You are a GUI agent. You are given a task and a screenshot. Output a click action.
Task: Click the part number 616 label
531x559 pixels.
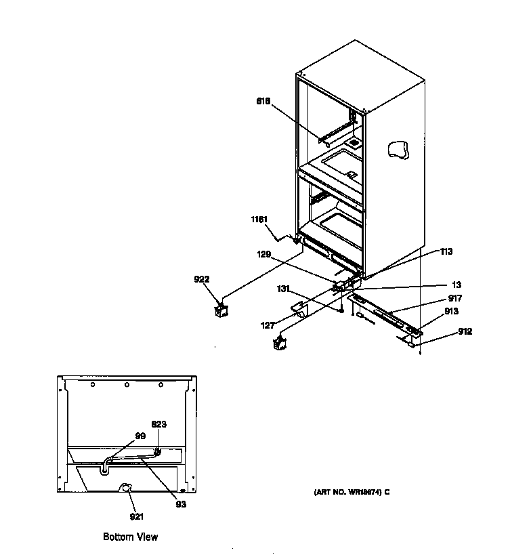[x=263, y=101]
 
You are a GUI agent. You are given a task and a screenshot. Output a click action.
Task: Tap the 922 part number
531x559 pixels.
[x=202, y=279]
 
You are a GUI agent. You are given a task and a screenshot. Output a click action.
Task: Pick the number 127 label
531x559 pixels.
[x=268, y=325]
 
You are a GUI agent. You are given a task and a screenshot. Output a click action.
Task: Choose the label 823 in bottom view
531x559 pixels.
[x=158, y=425]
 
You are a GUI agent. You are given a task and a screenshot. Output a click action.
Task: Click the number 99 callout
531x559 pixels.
[x=140, y=436]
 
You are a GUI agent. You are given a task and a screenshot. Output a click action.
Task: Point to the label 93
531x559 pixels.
[x=179, y=503]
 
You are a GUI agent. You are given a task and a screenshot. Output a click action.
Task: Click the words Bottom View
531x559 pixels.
[x=130, y=537]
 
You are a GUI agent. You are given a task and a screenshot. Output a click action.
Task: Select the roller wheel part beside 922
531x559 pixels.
[x=221, y=310]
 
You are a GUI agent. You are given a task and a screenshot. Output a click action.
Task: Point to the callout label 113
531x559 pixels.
[x=446, y=251]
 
